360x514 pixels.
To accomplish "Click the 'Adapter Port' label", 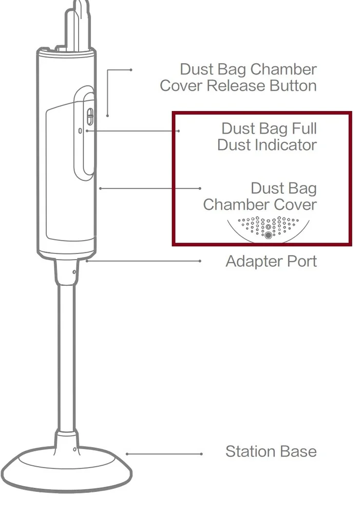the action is tap(271, 261).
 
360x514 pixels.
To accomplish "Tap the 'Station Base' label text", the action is tap(271, 451).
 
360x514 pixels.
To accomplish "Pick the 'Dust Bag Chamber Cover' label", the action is tap(260, 196).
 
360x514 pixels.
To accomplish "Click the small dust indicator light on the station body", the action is tap(80, 131).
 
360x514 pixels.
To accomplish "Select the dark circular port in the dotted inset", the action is tap(268, 235).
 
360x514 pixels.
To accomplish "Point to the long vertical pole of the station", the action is tap(66, 357).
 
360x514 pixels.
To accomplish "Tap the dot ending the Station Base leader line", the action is tap(201, 454).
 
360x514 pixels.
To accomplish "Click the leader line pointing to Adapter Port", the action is tap(143, 261).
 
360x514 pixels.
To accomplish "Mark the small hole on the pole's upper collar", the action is tap(74, 272).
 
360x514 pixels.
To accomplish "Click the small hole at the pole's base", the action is tap(74, 449).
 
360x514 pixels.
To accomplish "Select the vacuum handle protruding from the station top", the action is tap(78, 26).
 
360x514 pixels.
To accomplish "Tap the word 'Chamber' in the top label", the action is tap(283, 69).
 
